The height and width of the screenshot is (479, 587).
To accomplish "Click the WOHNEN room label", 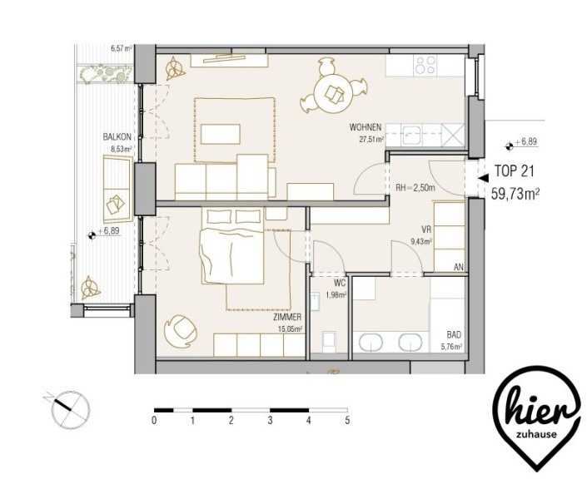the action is [365, 127].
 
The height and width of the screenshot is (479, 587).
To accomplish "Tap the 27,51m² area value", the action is [371, 140].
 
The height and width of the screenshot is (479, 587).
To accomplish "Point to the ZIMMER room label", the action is [287, 318].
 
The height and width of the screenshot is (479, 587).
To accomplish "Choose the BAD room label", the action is [454, 334].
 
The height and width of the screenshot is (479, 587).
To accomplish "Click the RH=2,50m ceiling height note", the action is [415, 188].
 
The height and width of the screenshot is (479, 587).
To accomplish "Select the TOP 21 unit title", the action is [514, 170].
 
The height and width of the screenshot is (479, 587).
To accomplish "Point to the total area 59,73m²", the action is [515, 194].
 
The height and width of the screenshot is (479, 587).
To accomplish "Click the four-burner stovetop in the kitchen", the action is [426, 65].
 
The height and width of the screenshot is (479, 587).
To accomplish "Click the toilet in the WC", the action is [329, 342].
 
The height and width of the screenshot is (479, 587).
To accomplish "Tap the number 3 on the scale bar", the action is [270, 420].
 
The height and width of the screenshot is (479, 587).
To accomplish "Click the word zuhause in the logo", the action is [536, 435].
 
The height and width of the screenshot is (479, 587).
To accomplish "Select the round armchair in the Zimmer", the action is [181, 331].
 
